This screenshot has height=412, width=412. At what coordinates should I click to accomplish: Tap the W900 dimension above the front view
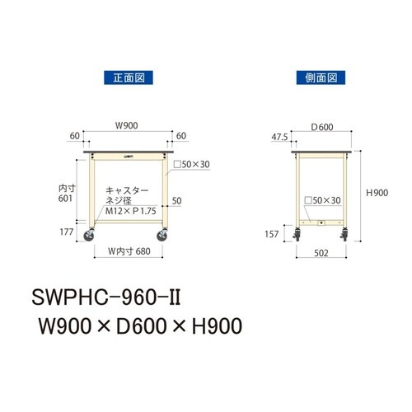pos(126,126)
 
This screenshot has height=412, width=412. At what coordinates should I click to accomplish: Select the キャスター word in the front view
pos(123,190)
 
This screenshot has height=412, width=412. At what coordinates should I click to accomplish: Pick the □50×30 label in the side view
pos(321,200)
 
